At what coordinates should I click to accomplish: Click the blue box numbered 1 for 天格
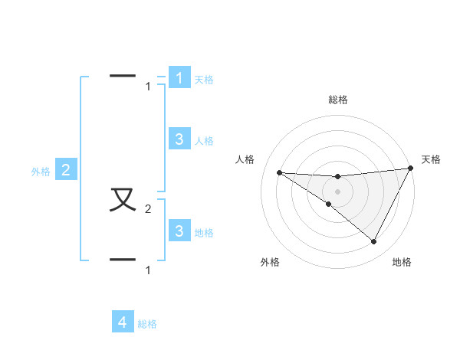(x=179, y=77)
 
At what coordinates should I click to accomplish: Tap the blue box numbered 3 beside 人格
(x=179, y=139)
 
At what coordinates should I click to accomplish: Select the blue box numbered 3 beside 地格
(x=179, y=231)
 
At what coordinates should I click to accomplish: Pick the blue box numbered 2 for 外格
(x=66, y=170)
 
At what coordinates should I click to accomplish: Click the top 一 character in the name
(x=123, y=76)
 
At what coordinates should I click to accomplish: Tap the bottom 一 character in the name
(x=123, y=260)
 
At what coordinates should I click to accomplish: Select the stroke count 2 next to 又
(x=149, y=209)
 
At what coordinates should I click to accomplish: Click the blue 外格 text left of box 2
(x=41, y=172)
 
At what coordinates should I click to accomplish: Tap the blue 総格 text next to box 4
(x=147, y=324)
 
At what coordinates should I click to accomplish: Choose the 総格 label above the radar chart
(x=338, y=100)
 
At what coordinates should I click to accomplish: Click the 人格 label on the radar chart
(x=245, y=159)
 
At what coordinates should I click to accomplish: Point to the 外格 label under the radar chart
(x=270, y=262)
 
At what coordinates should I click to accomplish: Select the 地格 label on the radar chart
(x=402, y=262)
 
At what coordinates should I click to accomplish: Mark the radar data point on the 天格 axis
(x=411, y=168)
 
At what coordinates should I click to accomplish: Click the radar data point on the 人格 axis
(x=279, y=172)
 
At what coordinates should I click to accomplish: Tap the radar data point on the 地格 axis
(x=373, y=241)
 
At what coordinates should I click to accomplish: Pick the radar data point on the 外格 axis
(x=329, y=204)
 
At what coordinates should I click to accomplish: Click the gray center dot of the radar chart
(x=338, y=191)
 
